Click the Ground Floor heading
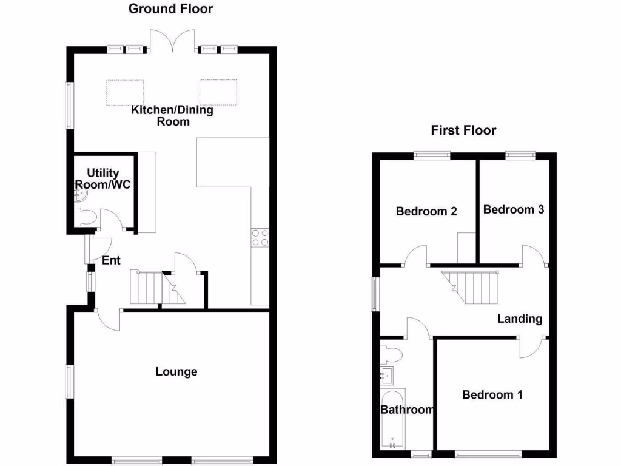tap(171, 8)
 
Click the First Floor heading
tap(463, 130)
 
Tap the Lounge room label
tap(176, 371)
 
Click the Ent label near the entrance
tap(111, 261)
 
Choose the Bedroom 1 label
tap(492, 395)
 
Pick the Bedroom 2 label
tap(426, 211)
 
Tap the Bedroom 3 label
tap(513, 209)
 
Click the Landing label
tap(520, 319)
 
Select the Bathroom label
tap(407, 410)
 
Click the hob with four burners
tap(260, 237)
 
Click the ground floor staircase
tap(155, 288)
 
